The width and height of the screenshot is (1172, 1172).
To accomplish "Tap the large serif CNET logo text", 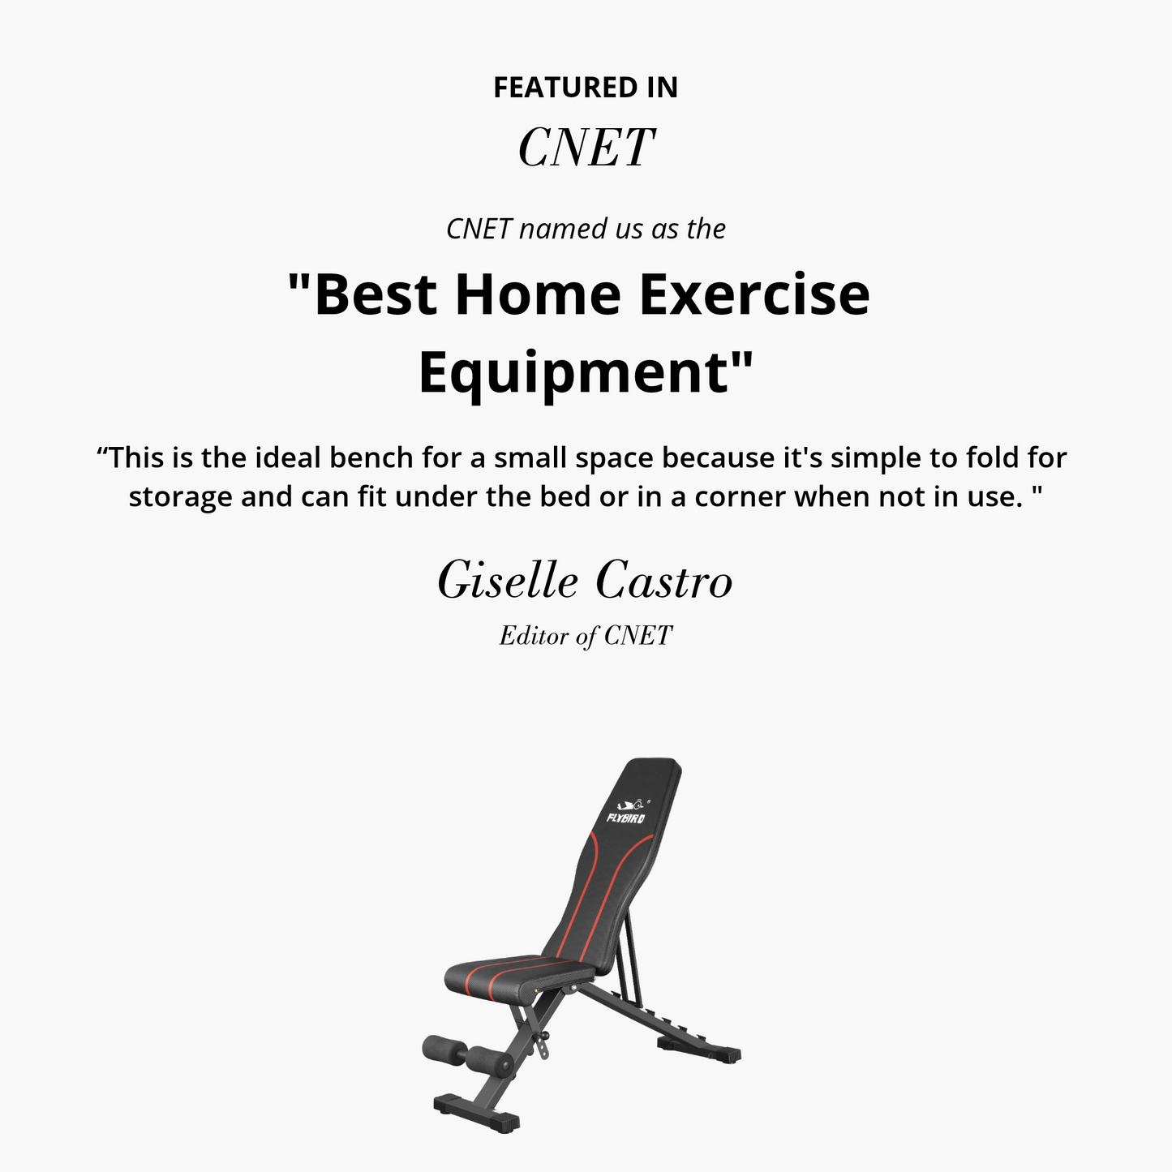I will [x=586, y=148].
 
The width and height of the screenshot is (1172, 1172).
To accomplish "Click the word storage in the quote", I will [x=180, y=496].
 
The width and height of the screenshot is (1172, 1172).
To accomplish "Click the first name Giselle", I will [x=509, y=582].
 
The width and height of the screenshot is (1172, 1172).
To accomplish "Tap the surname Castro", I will [x=663, y=582].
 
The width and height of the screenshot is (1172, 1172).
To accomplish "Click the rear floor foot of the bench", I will [x=698, y=1050].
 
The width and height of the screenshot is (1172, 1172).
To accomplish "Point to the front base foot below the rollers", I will [x=477, y=1113].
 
